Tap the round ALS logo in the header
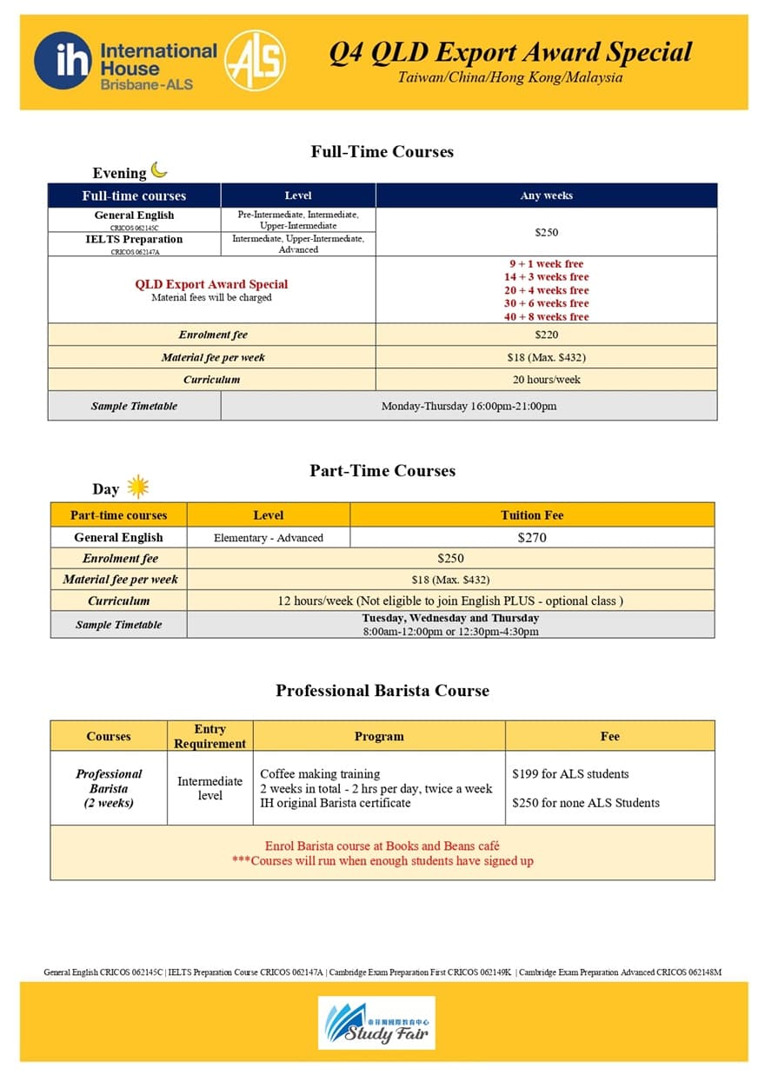tap(254, 61)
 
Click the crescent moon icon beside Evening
tap(159, 169)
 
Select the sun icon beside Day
tap(137, 487)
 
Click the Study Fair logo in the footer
tap(376, 1023)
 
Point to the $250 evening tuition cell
tap(546, 232)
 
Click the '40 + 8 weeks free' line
tap(547, 317)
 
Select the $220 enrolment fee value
tap(546, 335)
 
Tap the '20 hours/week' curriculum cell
tap(546, 380)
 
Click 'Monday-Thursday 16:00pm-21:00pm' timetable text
tap(469, 406)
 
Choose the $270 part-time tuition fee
tap(532, 538)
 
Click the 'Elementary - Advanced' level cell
tap(268, 538)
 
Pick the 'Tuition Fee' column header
tap(532, 515)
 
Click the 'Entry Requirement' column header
tap(210, 736)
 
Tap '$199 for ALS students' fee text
tap(570, 774)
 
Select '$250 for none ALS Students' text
tap(586, 803)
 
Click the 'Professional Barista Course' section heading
tap(382, 691)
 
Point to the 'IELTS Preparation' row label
tap(134, 240)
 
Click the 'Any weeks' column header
tap(546, 196)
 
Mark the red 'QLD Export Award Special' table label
tap(211, 284)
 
